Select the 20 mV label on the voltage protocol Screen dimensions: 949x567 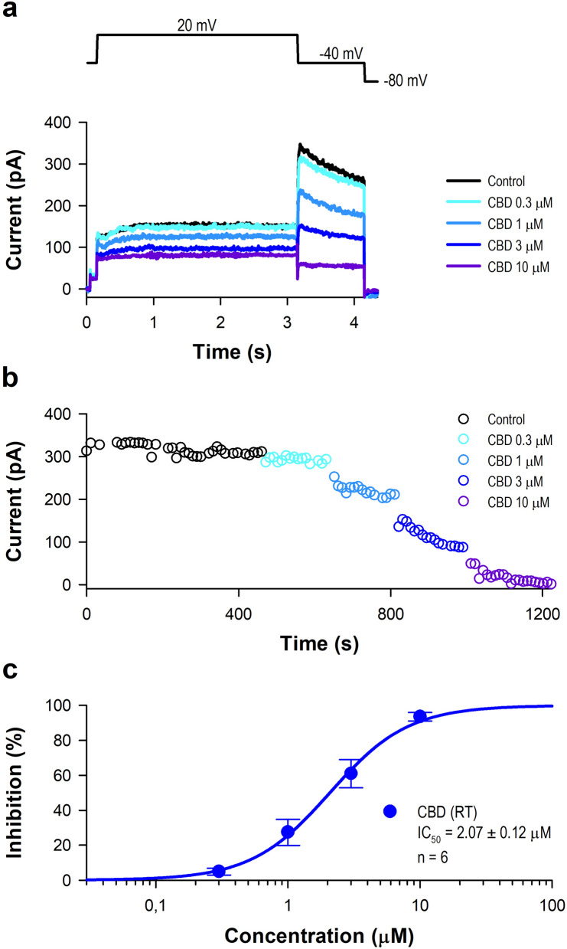197,25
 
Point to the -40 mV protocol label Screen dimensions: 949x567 341,54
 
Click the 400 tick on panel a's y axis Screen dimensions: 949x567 61,123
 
